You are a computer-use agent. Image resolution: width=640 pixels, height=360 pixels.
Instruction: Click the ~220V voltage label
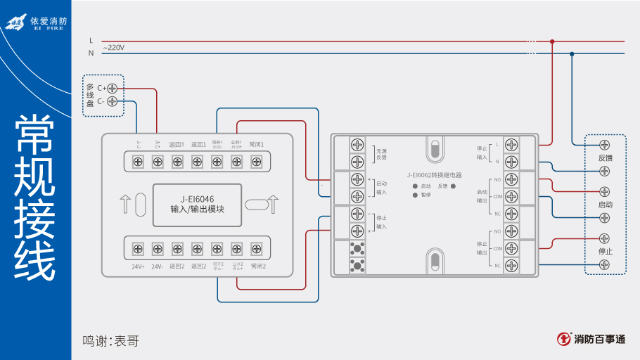(x=114, y=48)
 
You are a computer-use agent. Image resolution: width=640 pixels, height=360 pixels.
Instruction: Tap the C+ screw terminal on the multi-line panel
(x=112, y=88)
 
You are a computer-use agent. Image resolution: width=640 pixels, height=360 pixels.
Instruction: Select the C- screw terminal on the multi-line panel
(x=112, y=101)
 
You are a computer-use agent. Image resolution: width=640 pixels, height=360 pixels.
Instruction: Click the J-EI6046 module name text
(x=197, y=198)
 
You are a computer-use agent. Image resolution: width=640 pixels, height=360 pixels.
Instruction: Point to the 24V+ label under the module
(x=138, y=266)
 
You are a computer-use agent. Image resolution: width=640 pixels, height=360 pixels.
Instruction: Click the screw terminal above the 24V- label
(x=158, y=247)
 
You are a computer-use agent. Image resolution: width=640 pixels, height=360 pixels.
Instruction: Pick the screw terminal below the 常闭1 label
(x=257, y=162)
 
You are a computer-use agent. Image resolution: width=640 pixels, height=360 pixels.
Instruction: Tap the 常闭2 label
(x=257, y=266)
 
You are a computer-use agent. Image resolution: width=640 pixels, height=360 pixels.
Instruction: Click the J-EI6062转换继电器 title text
(x=434, y=175)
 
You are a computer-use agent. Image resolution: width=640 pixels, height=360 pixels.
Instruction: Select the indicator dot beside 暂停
(x=415, y=195)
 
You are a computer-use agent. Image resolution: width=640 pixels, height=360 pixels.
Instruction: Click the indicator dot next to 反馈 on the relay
(x=453, y=186)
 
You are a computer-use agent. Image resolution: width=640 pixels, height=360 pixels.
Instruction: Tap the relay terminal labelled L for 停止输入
(x=511, y=145)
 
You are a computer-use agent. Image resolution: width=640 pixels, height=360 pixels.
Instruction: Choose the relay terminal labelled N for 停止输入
(x=511, y=162)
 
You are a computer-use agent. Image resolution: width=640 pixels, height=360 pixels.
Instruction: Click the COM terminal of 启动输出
(x=511, y=196)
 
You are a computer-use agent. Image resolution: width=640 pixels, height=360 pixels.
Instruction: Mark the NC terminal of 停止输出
(x=511, y=265)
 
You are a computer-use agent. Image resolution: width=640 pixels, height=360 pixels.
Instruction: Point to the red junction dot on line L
(x=552, y=41)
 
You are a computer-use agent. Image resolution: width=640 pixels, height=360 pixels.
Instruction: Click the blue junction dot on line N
(x=572, y=53)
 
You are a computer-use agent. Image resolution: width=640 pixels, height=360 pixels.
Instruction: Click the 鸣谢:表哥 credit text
(x=110, y=341)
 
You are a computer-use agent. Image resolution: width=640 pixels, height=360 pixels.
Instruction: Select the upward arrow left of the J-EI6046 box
(x=125, y=204)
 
